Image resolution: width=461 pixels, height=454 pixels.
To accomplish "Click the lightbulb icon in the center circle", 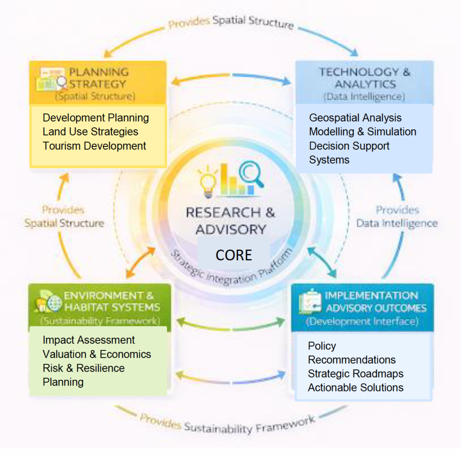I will click(208, 181).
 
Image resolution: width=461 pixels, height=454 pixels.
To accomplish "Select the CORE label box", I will click(234, 255).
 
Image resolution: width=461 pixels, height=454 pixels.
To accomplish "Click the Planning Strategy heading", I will click(98, 78).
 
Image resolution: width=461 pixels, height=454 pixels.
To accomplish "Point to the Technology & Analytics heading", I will click(365, 78).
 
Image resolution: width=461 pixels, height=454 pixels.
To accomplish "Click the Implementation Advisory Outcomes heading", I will click(371, 302).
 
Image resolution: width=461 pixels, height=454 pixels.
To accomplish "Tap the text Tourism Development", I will click(95, 146).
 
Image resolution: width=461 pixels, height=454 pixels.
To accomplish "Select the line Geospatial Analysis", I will click(355, 118).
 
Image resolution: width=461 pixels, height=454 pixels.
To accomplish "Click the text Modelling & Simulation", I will click(362, 132).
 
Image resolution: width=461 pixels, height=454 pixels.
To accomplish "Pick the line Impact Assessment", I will click(89, 340).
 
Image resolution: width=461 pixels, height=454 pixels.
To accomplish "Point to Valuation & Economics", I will click(97, 354).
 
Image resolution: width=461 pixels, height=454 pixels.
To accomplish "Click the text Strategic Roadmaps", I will click(356, 374).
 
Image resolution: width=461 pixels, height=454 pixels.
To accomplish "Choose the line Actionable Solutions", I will click(356, 388).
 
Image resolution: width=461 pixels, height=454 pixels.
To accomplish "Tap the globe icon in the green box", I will click(54, 303).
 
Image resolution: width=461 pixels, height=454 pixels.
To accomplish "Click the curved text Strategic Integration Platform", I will click(230, 269).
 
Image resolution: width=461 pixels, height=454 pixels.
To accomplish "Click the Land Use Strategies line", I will click(90, 132).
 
